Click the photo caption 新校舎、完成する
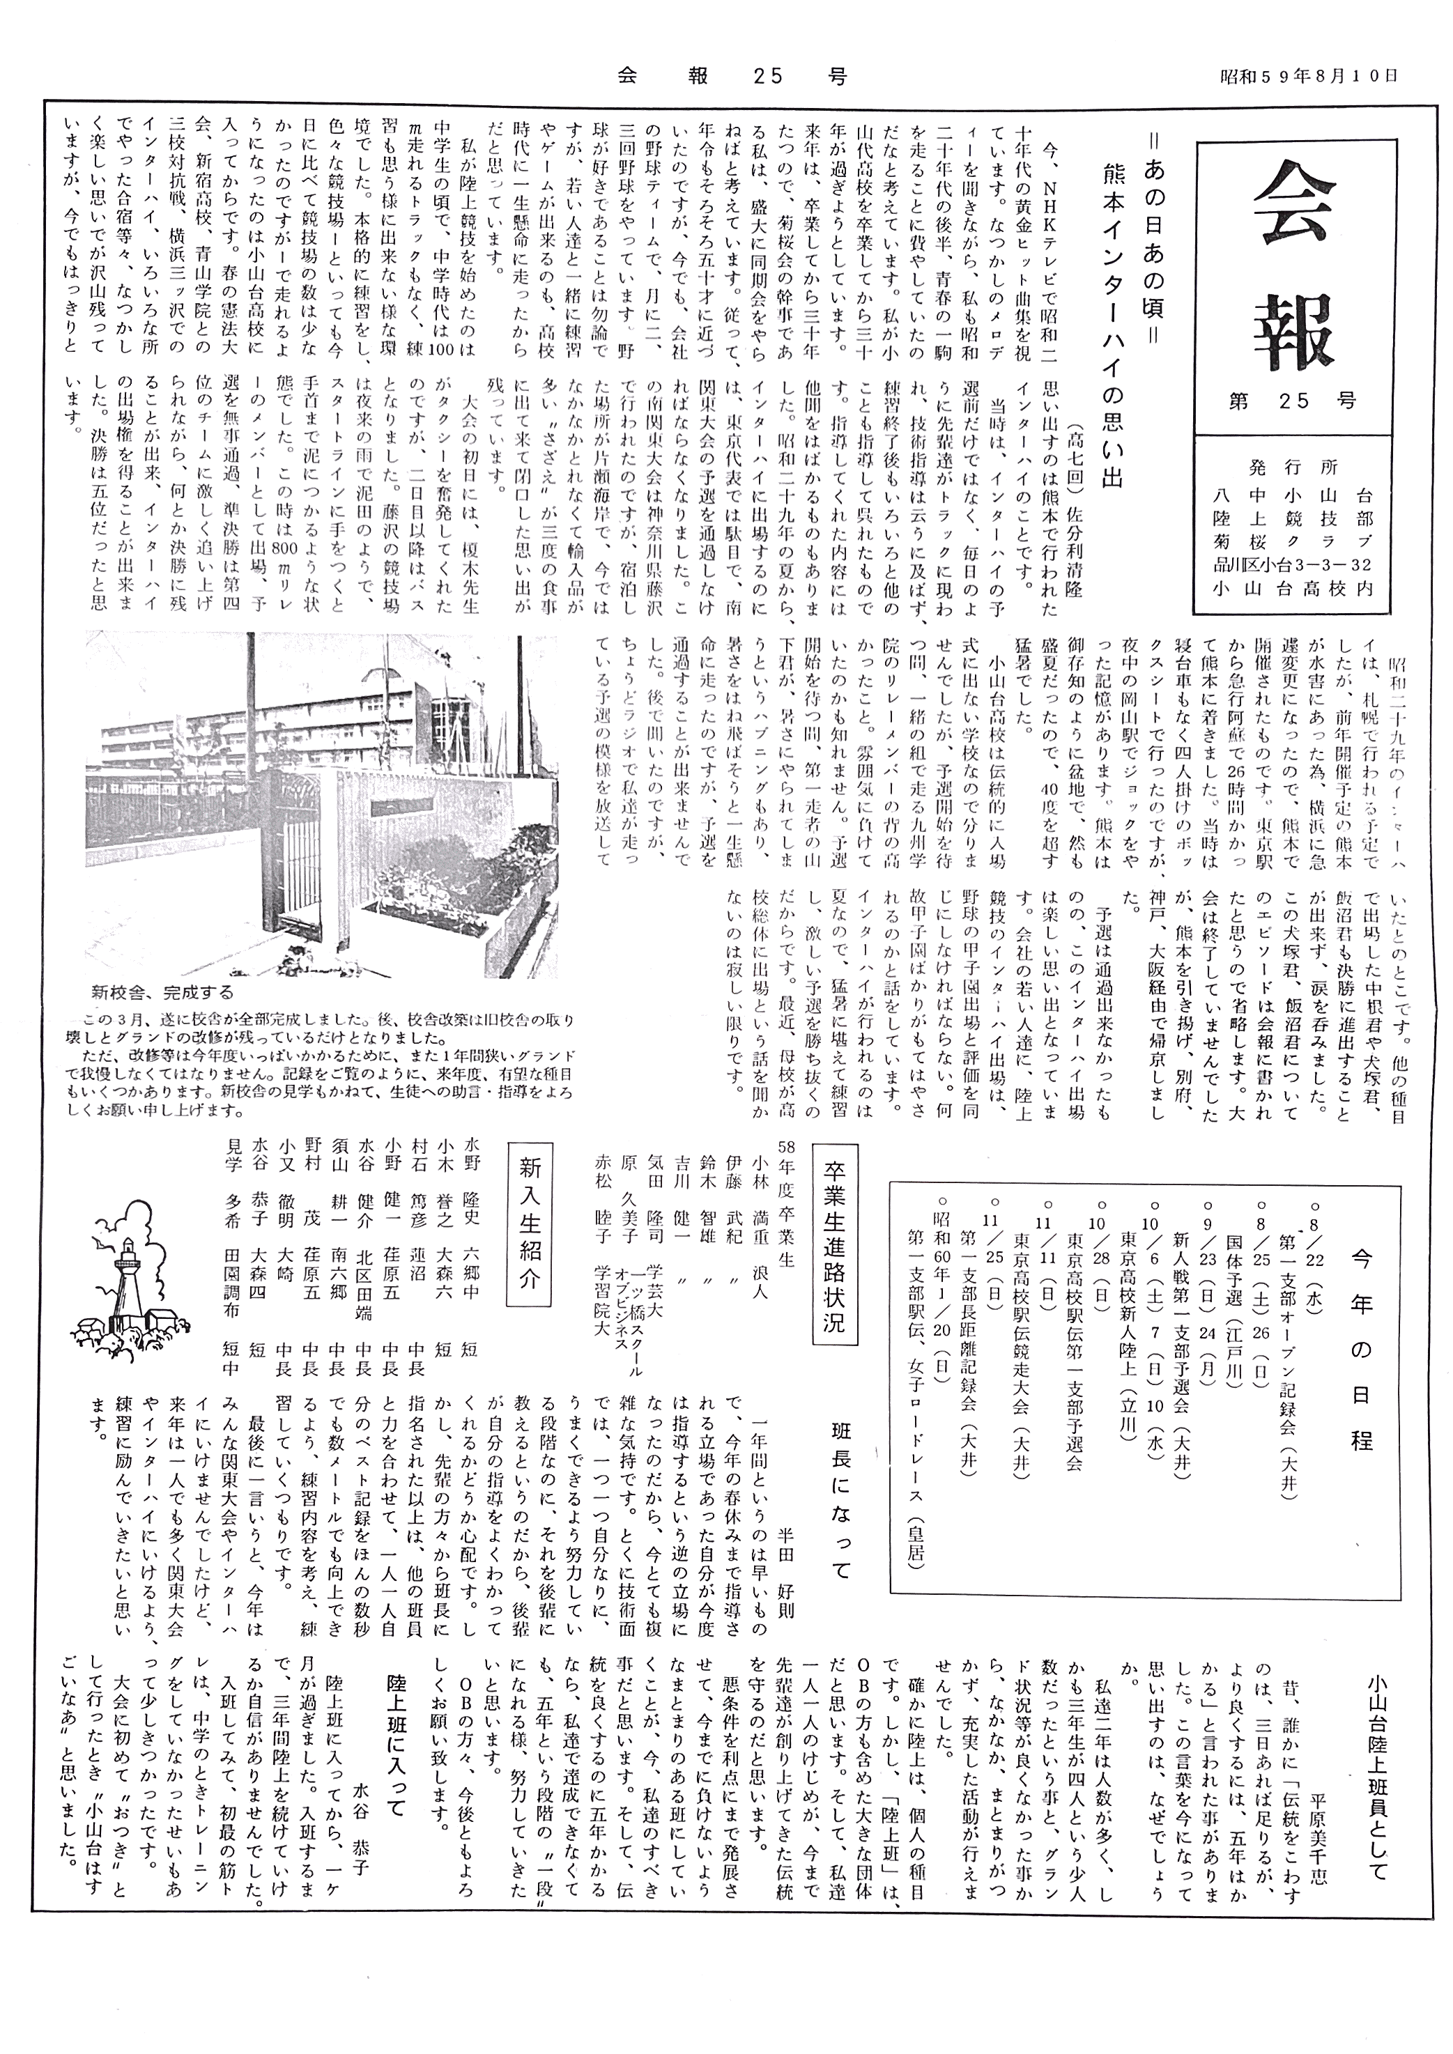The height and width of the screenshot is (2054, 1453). pos(162,991)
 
